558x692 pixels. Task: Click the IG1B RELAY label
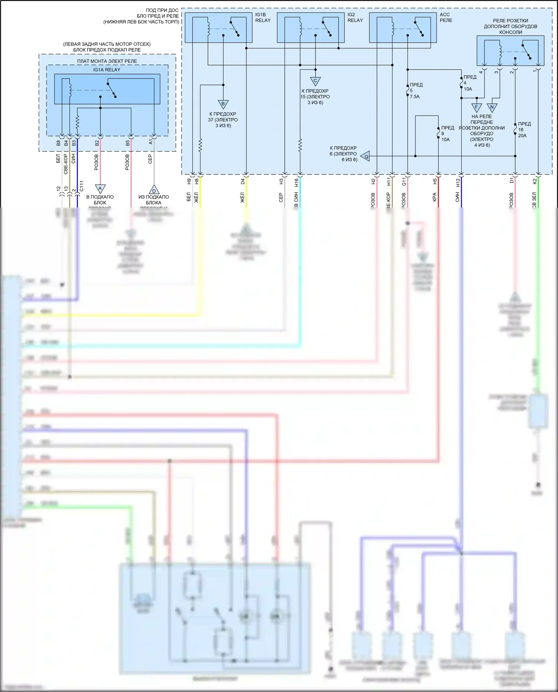263,17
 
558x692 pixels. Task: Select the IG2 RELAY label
355,17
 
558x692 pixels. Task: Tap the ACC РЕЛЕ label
446,17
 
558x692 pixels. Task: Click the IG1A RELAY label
107,70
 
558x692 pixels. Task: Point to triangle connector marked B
223,104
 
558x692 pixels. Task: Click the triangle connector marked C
315,81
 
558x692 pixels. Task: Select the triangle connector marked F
477,107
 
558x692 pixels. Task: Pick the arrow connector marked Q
366,157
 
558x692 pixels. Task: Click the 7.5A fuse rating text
414,97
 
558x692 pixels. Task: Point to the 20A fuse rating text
522,136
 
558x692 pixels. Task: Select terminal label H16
296,182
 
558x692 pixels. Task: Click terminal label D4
243,181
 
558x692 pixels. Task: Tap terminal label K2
535,181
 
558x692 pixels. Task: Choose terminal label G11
404,182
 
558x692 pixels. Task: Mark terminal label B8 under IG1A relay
58,143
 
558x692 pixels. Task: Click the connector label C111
81,186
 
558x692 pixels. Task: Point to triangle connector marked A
100,189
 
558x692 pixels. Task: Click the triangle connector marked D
154,190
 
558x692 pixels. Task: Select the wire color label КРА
434,197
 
